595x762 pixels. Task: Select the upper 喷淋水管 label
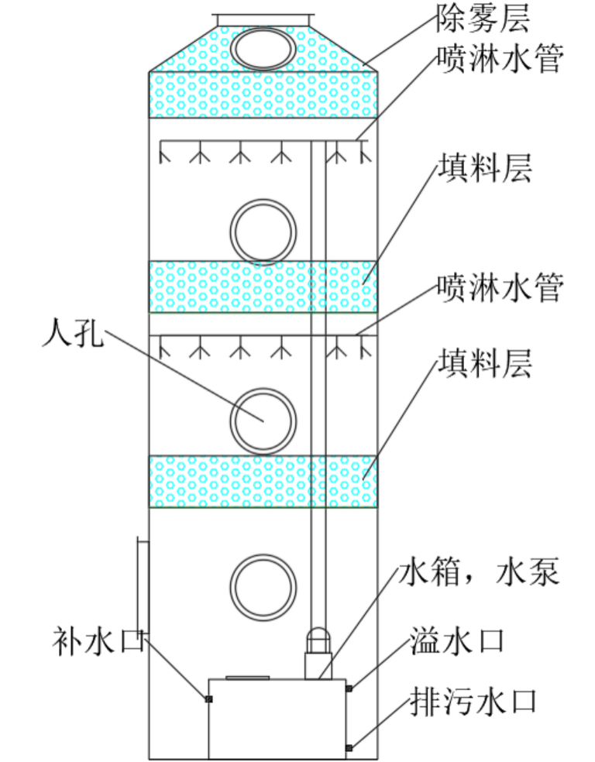tap(499, 59)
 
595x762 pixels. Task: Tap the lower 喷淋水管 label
tap(499, 287)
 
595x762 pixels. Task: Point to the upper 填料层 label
tap(485, 167)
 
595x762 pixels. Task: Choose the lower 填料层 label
tap(485, 362)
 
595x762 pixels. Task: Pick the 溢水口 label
tap(458, 641)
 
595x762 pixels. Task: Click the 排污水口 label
tap(473, 702)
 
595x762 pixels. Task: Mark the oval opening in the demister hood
tap(264, 47)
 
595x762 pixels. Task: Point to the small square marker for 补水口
tap(208, 699)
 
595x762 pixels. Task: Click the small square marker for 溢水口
tap(349, 688)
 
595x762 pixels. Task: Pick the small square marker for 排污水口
tap(349, 747)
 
